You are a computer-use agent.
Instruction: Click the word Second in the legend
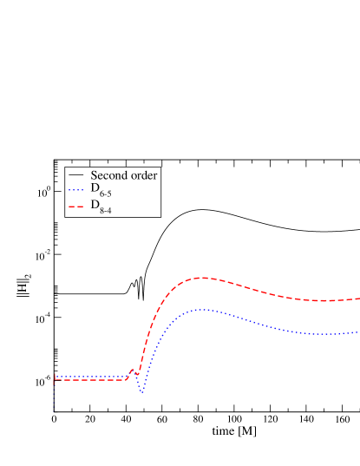tap(108, 175)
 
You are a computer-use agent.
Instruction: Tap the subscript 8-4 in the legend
tap(107, 210)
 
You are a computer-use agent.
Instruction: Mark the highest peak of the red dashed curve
tap(201, 278)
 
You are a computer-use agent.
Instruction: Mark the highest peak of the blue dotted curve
tap(200, 309)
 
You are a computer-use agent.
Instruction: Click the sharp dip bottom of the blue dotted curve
tap(142, 393)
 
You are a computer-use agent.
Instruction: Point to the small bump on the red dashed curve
tap(133, 371)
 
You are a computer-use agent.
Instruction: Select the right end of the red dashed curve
tap(358, 299)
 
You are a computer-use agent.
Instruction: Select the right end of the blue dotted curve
tap(357, 331)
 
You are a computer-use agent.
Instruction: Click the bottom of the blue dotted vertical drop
tap(54, 406)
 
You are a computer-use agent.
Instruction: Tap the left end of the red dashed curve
tap(55, 380)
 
